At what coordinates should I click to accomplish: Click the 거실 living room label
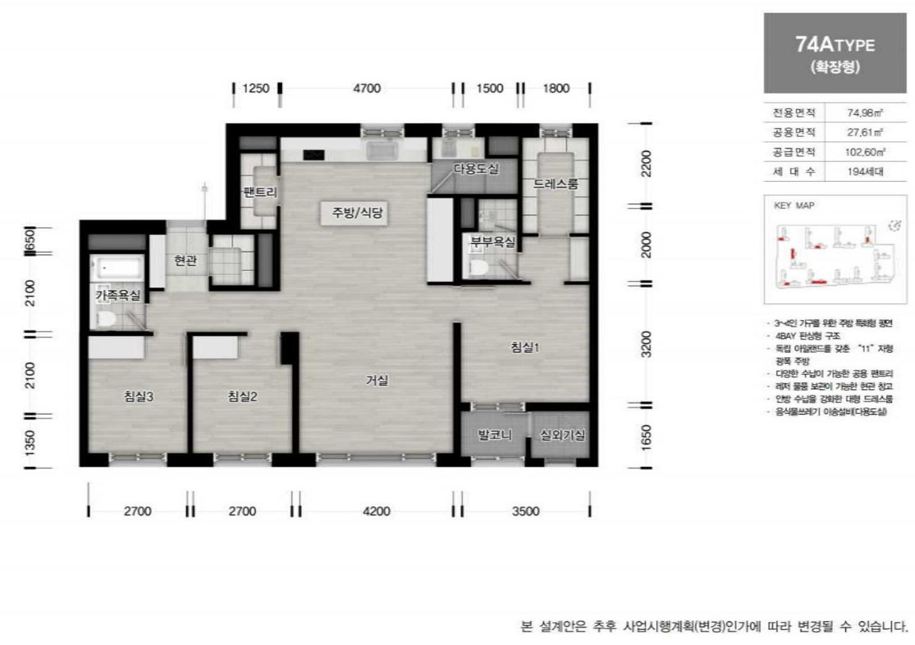(376, 380)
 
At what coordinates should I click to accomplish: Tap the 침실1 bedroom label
(525, 347)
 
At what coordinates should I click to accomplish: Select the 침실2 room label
(241, 397)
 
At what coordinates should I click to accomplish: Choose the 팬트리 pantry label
(260, 191)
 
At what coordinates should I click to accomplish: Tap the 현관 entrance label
(185, 261)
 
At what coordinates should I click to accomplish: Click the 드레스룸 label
(556, 184)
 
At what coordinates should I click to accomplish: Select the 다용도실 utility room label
(476, 168)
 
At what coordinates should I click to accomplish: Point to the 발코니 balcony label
(493, 435)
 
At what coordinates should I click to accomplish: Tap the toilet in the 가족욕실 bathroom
(106, 318)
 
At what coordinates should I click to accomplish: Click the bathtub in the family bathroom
(117, 268)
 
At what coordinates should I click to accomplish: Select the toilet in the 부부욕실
(477, 267)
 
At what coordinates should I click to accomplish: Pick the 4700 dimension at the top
(367, 88)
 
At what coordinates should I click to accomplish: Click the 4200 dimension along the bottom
(376, 511)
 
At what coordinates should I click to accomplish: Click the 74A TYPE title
(834, 45)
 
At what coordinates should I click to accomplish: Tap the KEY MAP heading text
(794, 204)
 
